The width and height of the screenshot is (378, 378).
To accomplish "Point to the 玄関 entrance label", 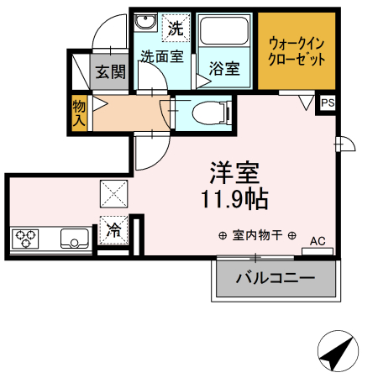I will point(109,72).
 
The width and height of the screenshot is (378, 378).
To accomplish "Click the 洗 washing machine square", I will point(175,28).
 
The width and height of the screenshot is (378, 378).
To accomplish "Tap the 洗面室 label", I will point(162,57).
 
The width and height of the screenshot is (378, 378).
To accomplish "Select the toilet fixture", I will point(207,112).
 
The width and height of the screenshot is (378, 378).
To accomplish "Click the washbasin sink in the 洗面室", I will point(144,23).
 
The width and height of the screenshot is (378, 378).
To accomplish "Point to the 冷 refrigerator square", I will point(113,228).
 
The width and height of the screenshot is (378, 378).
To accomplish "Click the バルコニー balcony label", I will point(275,277).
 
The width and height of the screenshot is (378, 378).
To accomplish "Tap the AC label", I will point(318,241).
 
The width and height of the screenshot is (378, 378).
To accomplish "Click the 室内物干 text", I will point(257,235).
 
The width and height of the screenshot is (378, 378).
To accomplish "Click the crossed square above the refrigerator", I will point(113,194).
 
